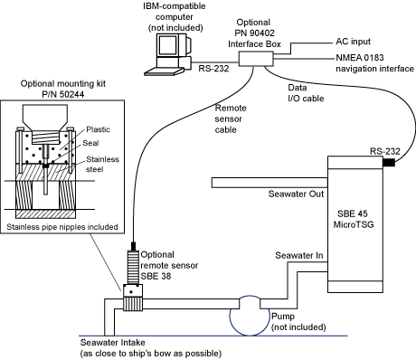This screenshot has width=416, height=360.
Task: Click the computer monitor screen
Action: click(x=168, y=45)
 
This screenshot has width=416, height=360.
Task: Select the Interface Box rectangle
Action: click(x=256, y=59)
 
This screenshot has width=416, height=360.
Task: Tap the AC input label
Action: click(x=353, y=42)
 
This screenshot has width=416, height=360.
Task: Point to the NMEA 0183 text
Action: click(x=360, y=58)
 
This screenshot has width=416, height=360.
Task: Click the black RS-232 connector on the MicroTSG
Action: click(x=389, y=163)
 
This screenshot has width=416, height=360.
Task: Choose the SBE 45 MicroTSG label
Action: click(x=353, y=219)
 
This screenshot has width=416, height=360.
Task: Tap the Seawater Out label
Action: click(x=296, y=194)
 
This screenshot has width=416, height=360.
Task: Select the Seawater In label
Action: click(x=299, y=255)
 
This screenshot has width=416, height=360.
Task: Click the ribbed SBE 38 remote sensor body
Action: click(x=133, y=267)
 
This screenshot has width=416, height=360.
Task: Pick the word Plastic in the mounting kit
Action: click(x=98, y=129)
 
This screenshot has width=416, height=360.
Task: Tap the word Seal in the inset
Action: click(x=90, y=143)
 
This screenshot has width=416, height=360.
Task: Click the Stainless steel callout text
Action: click(x=102, y=164)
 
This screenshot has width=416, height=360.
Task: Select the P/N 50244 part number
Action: click(x=63, y=94)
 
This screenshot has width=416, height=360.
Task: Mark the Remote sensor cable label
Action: click(x=231, y=118)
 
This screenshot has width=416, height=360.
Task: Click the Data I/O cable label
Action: click(x=306, y=93)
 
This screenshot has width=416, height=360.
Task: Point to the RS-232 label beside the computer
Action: click(x=213, y=69)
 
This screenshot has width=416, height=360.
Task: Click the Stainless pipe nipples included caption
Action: click(x=62, y=227)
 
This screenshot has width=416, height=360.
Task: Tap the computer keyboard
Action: click(x=164, y=71)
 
